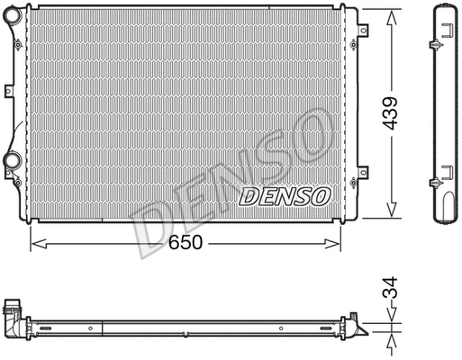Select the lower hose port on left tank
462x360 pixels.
[x=13, y=161]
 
